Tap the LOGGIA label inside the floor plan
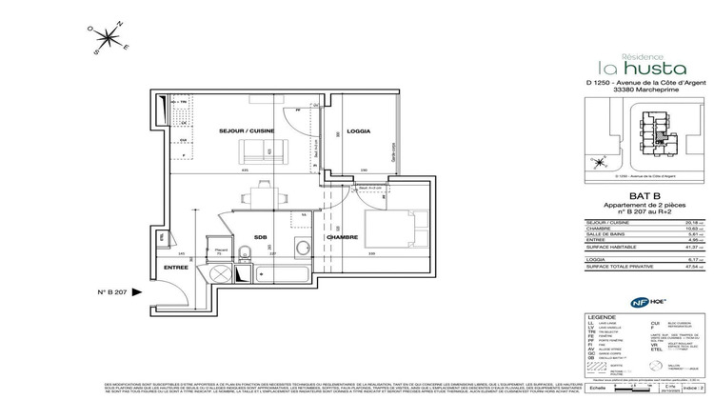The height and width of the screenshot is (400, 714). (x=358, y=130)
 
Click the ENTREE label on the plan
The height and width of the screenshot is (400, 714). (x=176, y=270)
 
